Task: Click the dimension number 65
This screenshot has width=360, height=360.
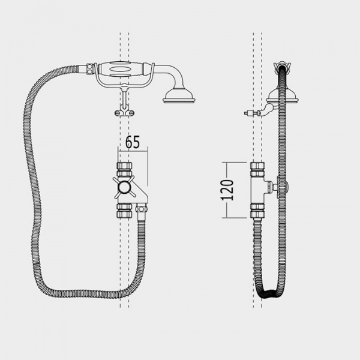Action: click(x=133, y=142)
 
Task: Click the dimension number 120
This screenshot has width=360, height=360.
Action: click(x=228, y=190)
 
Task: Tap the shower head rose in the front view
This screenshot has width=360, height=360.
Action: click(x=179, y=96)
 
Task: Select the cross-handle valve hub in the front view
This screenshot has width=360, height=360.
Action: click(x=125, y=187)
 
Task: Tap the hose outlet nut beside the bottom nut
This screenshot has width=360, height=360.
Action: click(x=141, y=209)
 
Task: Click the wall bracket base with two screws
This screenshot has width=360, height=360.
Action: click(x=124, y=113)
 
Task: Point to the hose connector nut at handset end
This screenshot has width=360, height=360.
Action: click(x=90, y=68)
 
